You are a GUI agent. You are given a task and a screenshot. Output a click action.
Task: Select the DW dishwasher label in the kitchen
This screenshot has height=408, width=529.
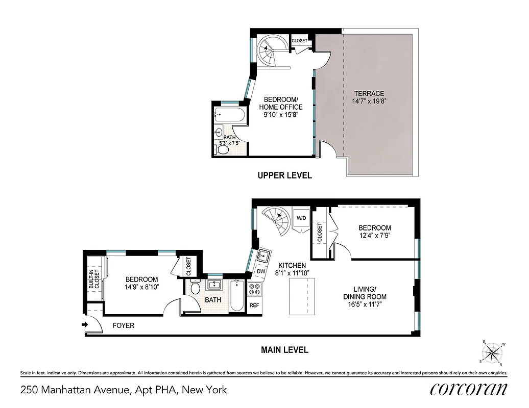(261, 272)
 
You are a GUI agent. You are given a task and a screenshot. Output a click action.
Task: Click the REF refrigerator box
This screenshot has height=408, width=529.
(254, 305)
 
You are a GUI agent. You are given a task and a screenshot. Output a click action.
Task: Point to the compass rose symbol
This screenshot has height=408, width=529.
(493, 352)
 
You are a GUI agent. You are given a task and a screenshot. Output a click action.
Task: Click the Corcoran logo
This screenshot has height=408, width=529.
(469, 389)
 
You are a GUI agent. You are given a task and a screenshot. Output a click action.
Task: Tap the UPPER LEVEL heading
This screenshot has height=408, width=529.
(284, 175)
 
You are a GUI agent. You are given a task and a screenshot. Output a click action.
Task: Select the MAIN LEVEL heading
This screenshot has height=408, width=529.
(284, 350)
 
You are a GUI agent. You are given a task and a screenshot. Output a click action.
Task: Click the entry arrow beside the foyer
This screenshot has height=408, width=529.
(84, 324)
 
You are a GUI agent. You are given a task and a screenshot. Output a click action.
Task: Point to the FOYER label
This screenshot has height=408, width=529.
(123, 325)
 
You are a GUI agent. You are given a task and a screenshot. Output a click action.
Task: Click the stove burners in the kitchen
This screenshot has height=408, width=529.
(254, 289)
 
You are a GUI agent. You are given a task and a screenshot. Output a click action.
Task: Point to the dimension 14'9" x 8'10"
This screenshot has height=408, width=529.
(142, 287)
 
